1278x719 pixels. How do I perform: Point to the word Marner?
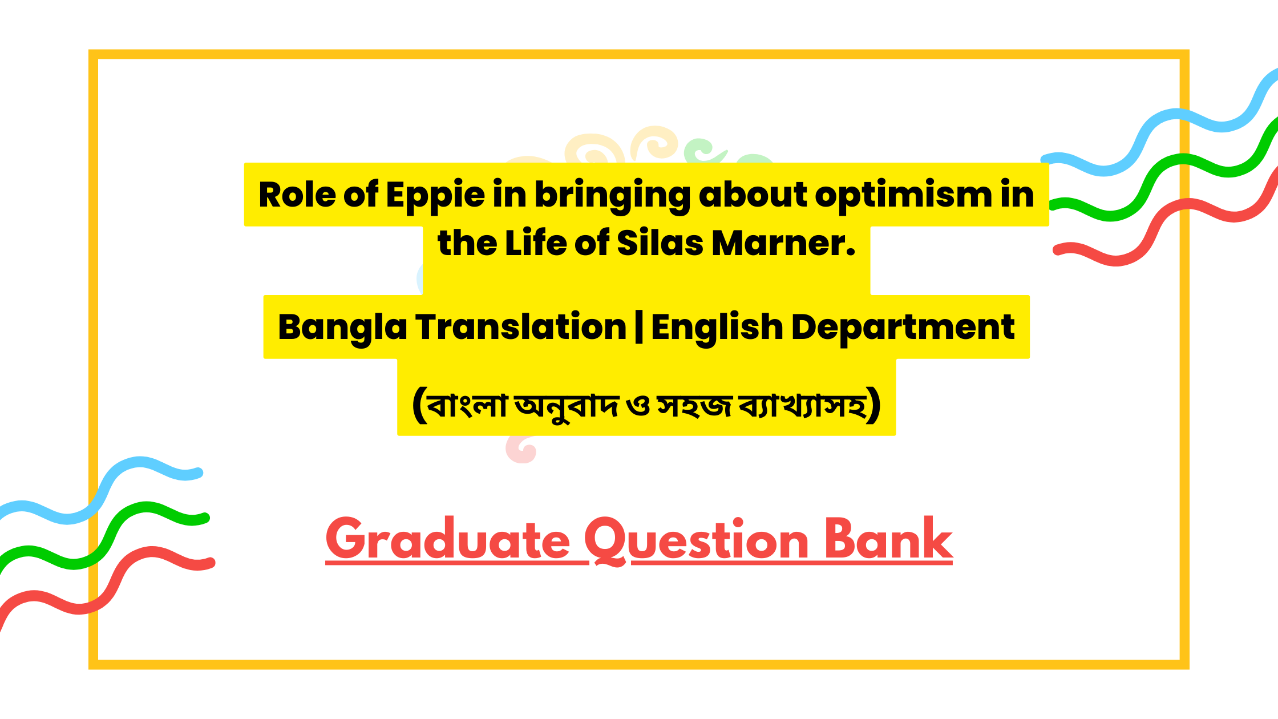(x=784, y=243)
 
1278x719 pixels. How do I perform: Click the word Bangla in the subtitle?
(x=342, y=328)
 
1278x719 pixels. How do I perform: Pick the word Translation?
(x=521, y=327)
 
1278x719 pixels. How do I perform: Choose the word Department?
(x=903, y=328)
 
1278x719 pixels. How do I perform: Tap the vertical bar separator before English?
(x=639, y=328)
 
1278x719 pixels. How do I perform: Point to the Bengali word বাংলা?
(x=467, y=405)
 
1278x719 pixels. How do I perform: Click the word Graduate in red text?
(x=448, y=539)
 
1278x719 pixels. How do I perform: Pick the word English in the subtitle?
(x=717, y=328)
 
